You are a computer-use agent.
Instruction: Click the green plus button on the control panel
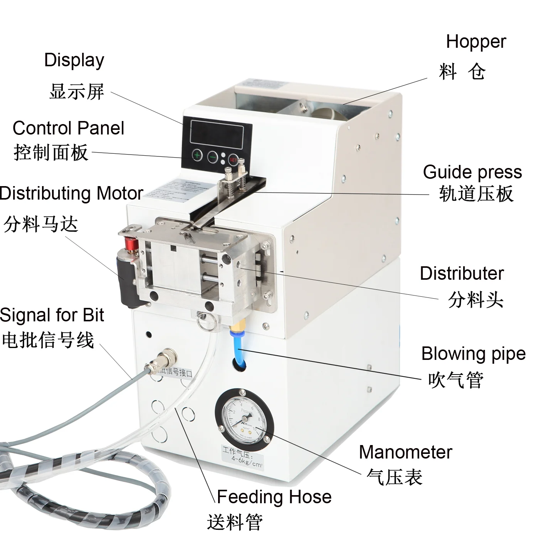(197, 156)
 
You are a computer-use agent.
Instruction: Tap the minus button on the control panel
(212, 156)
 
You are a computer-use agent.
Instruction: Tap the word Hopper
(475, 42)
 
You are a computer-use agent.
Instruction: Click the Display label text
(74, 60)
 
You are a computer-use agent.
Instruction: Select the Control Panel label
(68, 128)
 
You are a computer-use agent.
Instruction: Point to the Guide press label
(472, 172)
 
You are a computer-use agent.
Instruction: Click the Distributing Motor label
(72, 193)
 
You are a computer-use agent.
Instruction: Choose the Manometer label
(405, 452)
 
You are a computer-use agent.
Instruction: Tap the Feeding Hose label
(274, 497)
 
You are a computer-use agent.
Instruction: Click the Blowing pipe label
(473, 354)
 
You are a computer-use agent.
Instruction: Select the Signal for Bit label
(52, 315)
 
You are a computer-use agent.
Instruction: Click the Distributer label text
(461, 273)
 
